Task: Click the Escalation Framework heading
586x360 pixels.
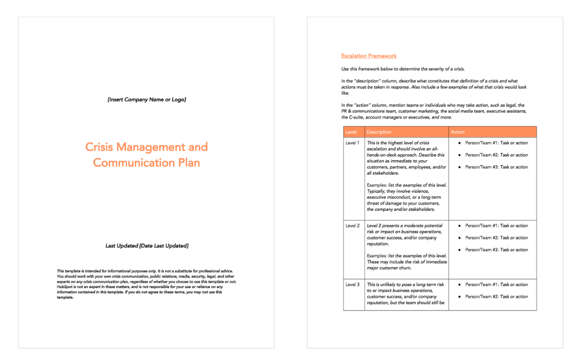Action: (x=369, y=56)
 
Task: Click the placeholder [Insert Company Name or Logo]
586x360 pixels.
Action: (x=146, y=99)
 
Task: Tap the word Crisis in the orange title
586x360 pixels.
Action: (x=99, y=147)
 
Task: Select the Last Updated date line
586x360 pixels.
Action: (x=146, y=246)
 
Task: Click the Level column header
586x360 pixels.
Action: (x=351, y=132)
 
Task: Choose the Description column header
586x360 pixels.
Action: (x=379, y=132)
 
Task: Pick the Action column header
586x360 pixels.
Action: (x=457, y=132)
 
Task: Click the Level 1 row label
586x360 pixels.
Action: (x=353, y=143)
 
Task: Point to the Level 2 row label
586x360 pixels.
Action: (x=353, y=226)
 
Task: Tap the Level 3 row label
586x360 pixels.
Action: (x=353, y=284)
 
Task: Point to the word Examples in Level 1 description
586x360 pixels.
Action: (x=377, y=185)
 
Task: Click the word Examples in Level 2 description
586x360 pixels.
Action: (x=377, y=256)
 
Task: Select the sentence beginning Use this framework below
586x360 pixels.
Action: (x=403, y=69)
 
